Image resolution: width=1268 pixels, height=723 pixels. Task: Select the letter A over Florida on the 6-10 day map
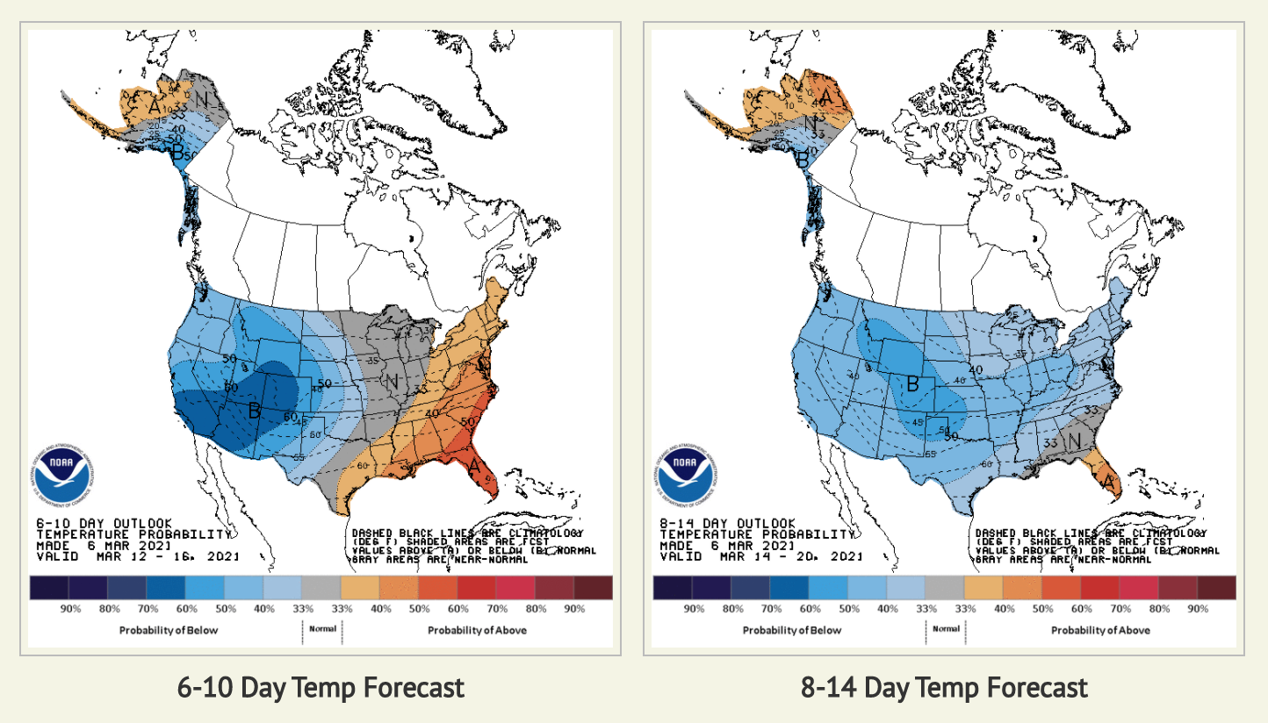click(474, 466)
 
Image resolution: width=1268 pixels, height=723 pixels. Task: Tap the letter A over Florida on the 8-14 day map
click(1108, 482)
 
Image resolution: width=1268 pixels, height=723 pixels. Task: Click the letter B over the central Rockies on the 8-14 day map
click(912, 383)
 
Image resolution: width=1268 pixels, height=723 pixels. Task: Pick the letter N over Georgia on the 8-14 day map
click(1073, 441)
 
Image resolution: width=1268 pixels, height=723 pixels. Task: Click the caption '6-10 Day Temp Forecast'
click(321, 687)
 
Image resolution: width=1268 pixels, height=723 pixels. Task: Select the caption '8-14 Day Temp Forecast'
click(944, 687)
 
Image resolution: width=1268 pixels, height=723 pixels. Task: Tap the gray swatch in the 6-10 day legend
click(321, 587)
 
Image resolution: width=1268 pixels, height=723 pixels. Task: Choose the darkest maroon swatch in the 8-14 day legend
click(1216, 587)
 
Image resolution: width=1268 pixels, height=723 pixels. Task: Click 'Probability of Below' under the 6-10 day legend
click(169, 630)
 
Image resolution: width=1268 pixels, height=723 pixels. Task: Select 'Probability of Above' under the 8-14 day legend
click(1100, 630)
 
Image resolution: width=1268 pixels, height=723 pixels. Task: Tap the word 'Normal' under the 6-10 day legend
click(322, 628)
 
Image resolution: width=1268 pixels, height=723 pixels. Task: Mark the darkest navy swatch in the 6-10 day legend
click(48, 587)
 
